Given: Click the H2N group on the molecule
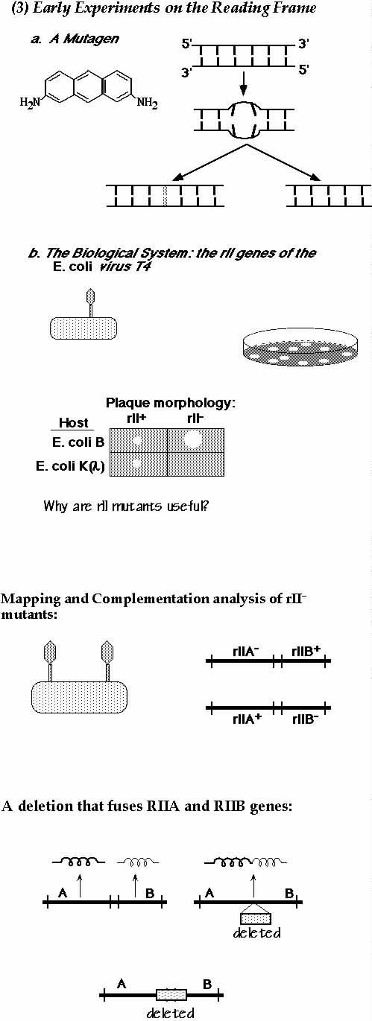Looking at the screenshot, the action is click(x=30, y=102).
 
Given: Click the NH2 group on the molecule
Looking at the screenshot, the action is click(x=148, y=104).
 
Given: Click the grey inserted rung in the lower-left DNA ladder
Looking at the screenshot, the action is click(x=166, y=196).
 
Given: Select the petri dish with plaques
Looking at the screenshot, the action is click(x=300, y=349).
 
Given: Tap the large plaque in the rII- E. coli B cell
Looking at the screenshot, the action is click(x=192, y=439).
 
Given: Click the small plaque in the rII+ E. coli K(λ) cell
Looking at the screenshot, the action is click(x=136, y=463).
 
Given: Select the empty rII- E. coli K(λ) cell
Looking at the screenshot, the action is click(x=196, y=464).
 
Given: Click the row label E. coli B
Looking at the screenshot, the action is click(x=78, y=442).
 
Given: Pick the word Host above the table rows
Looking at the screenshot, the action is click(x=74, y=422).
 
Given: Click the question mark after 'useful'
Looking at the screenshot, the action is click(x=206, y=506).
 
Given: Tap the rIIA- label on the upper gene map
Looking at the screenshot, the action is click(x=246, y=652).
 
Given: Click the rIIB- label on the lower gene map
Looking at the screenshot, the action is click(x=306, y=719).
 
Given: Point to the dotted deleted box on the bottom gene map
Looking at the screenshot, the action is click(x=171, y=994).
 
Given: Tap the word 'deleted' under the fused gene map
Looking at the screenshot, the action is click(x=256, y=933).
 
